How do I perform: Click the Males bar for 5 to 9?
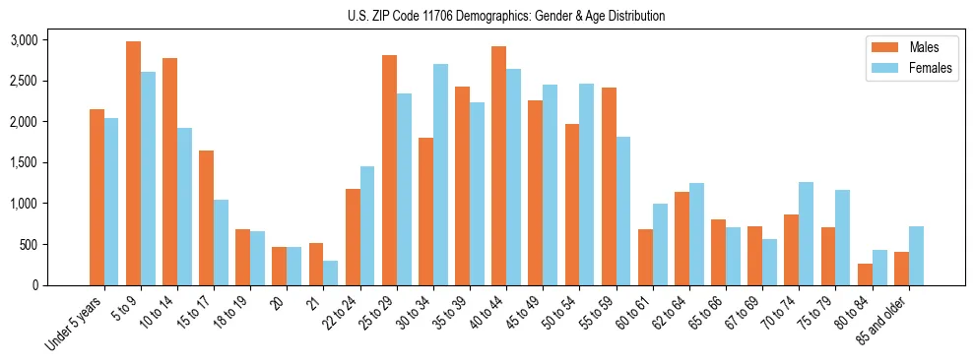(x=133, y=163)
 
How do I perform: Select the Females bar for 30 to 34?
(x=440, y=174)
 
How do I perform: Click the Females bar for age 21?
(x=331, y=273)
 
